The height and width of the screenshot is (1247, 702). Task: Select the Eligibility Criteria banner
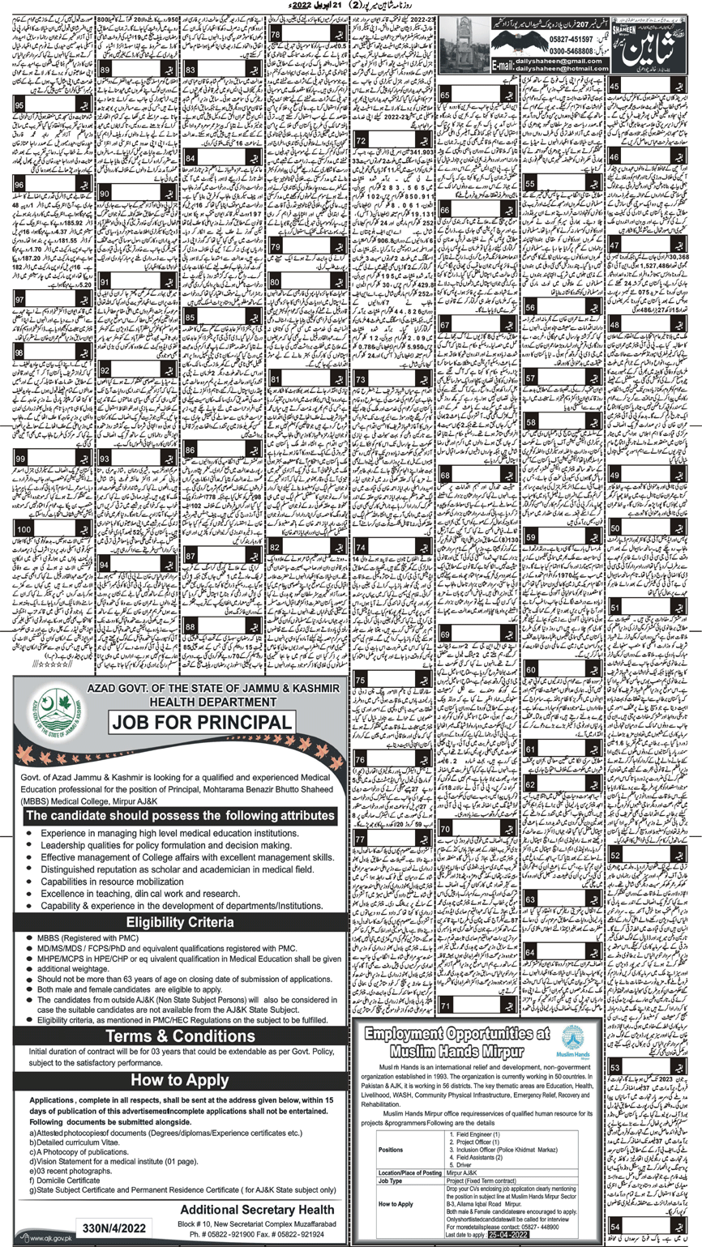click(x=180, y=923)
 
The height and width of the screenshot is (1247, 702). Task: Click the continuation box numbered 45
click(x=616, y=87)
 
